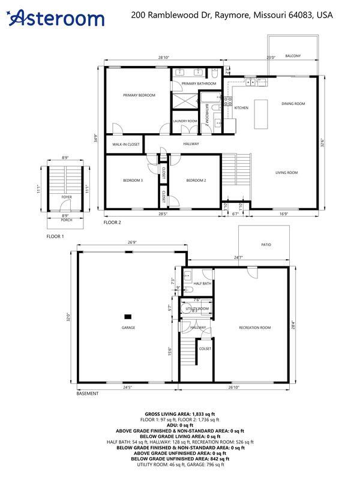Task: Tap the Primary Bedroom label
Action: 139,95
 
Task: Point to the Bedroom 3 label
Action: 133,181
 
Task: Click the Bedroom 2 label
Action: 196,181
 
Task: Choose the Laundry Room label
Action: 185,121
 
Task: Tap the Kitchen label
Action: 241,108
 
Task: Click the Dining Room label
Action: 293,104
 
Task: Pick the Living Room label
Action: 287,173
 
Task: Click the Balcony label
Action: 293,56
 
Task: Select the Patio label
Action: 266,245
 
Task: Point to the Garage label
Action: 128,328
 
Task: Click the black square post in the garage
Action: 128,316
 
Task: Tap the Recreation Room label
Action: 255,328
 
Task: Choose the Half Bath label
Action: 202,283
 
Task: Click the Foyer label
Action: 67,196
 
